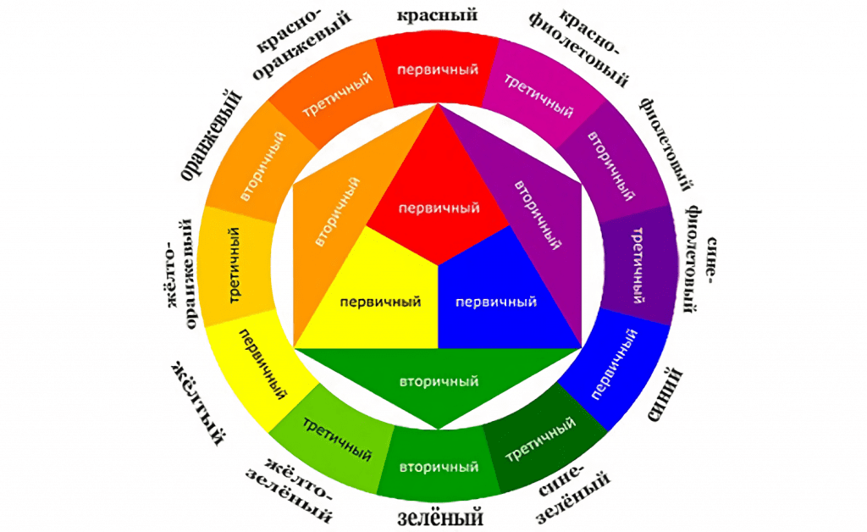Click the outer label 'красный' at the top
tap(438, 14)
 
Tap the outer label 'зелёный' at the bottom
tap(439, 514)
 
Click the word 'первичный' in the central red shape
tap(439, 208)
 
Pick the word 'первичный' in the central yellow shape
tap(380, 302)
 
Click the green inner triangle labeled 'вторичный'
tap(439, 380)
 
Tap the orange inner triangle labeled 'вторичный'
tap(334, 212)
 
